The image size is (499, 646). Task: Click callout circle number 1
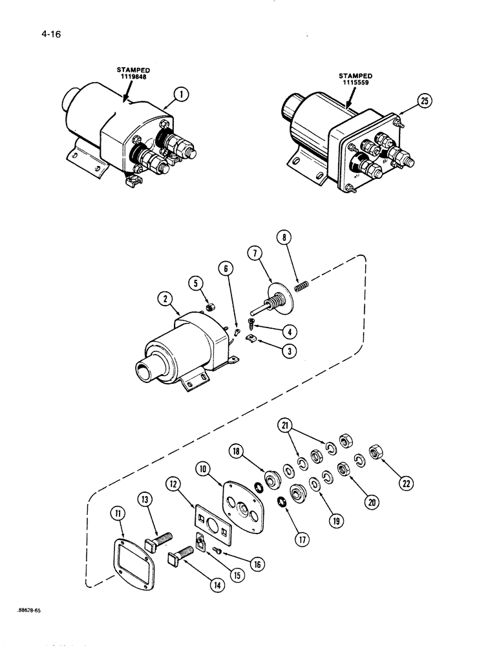[183, 94]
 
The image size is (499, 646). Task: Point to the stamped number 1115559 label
[356, 79]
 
